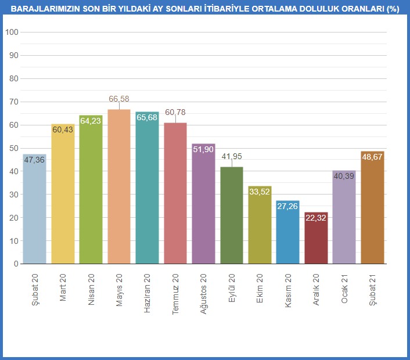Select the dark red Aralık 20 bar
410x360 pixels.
316,238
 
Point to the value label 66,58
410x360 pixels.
119,99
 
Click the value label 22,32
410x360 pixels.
316,219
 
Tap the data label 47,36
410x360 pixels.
35,161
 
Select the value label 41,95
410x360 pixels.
232,156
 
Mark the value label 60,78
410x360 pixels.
175,112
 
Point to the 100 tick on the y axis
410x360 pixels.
11,32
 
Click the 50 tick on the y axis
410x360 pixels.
13,148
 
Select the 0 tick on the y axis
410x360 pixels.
16,264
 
